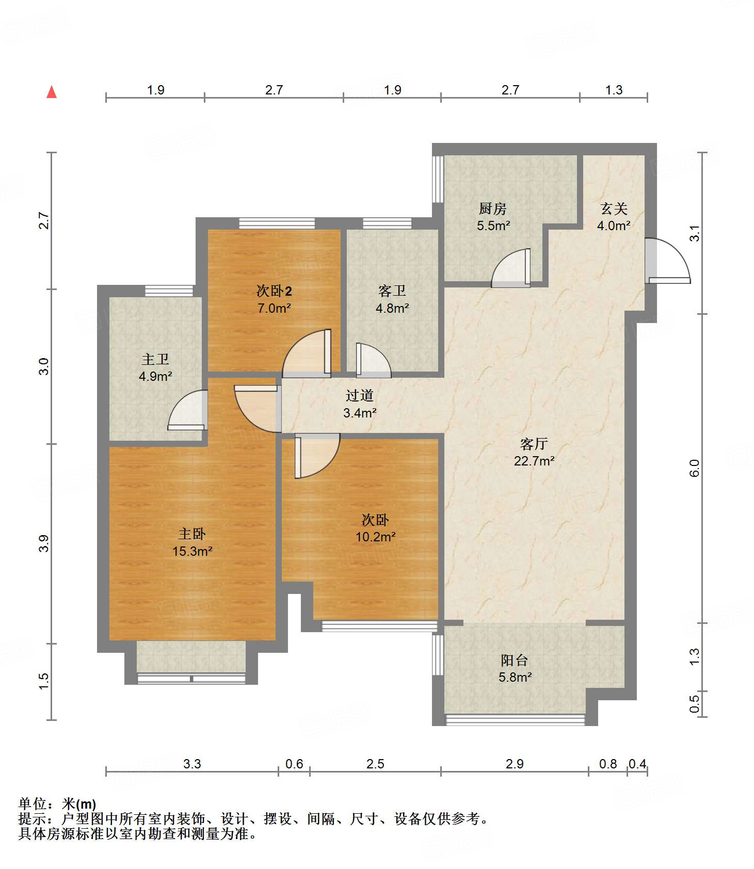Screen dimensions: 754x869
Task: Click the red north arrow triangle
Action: point(52,92)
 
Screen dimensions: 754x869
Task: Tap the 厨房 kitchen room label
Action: point(493,208)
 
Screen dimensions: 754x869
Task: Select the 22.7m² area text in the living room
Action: point(534,461)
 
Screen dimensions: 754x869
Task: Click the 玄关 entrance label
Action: point(614,208)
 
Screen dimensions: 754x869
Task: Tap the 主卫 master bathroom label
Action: point(155,359)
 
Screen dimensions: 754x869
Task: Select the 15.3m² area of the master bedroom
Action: point(192,551)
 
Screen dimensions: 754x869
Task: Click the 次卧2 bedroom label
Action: point(274,291)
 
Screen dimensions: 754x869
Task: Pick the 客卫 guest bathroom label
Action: point(392,291)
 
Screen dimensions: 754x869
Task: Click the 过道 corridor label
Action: point(360,396)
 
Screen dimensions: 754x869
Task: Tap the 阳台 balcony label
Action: point(515,660)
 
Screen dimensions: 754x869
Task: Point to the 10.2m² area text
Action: point(376,537)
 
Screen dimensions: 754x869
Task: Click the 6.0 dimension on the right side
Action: point(694,468)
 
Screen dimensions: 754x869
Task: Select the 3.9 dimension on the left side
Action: point(44,544)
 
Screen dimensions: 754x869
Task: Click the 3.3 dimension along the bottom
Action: point(192,764)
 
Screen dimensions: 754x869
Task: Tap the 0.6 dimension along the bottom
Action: point(294,764)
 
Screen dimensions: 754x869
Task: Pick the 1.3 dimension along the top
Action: point(614,90)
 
